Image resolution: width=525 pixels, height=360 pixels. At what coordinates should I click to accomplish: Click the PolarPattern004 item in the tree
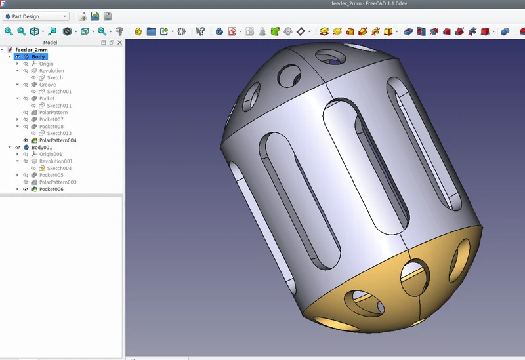coord(58,140)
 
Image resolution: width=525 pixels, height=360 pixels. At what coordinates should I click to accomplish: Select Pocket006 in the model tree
coord(51,189)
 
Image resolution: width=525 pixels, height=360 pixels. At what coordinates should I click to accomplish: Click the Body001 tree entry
coord(41,147)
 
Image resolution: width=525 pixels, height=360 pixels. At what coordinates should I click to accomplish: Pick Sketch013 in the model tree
coord(59,133)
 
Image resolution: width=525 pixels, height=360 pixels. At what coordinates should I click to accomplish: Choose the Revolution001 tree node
coord(56,161)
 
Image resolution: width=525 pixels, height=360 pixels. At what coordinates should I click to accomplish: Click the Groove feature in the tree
coord(47,85)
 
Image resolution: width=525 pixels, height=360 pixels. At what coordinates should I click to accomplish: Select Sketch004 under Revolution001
coord(59,169)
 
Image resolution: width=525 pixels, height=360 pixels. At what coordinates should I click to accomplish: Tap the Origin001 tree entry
coord(51,154)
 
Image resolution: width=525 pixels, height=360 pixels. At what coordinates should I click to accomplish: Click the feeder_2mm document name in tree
coord(31,50)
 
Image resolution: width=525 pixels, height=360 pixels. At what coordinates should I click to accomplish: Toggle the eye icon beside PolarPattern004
coord(26,140)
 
